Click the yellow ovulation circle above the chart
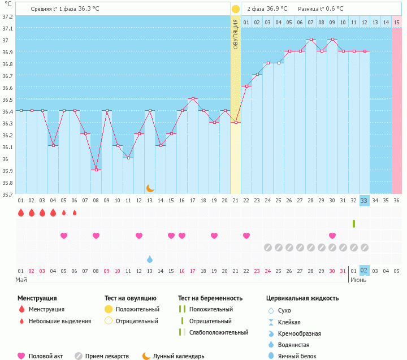(x=236, y=9)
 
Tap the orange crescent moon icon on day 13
(x=150, y=188)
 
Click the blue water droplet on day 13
(x=150, y=259)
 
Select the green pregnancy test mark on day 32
(x=353, y=224)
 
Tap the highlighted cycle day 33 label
(x=364, y=201)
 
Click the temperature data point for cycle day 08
(x=96, y=170)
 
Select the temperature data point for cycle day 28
(x=311, y=40)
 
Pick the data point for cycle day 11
(x=128, y=158)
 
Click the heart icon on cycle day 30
(x=332, y=236)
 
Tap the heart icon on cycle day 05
(x=64, y=236)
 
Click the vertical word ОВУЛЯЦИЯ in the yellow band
(x=236, y=34)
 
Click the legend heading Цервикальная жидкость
(x=302, y=298)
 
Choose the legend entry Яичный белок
(x=302, y=355)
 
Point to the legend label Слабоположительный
(x=219, y=332)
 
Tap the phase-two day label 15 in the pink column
(x=396, y=22)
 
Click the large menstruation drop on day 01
(x=21, y=212)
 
